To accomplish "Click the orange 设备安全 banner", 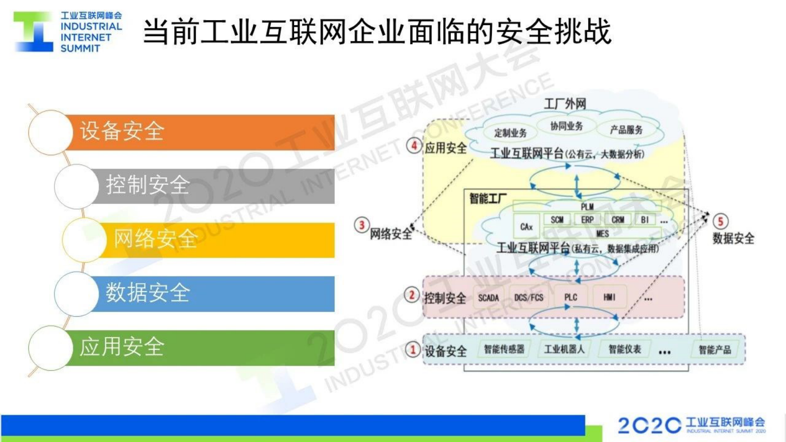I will point(198,132).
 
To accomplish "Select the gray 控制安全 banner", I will point(213,186).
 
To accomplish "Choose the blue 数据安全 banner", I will point(213,293).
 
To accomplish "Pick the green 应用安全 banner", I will point(198,347).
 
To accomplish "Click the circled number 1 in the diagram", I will point(413,349).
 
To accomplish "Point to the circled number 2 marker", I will point(412,295).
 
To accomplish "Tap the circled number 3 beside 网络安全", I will point(362,225).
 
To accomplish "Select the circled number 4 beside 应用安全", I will point(414,146).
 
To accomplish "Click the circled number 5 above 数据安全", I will point(720,221).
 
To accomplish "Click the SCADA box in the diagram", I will point(488,297).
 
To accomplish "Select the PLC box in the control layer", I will point(571,297).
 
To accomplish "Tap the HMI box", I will point(609,297).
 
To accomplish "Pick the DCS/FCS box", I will point(528,297).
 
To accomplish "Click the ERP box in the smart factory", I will point(587,220).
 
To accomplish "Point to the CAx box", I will point(526,226).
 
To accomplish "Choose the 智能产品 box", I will point(715,350).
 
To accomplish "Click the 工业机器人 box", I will point(564,349).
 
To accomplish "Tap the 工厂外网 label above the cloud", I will point(565,104).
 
